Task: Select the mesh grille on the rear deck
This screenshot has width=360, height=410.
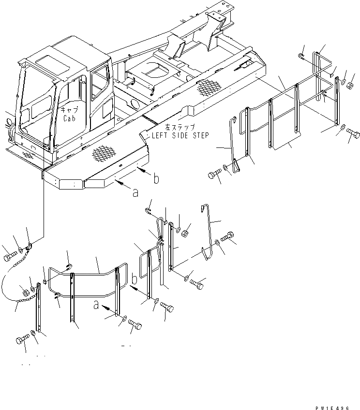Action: [x=208, y=87]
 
